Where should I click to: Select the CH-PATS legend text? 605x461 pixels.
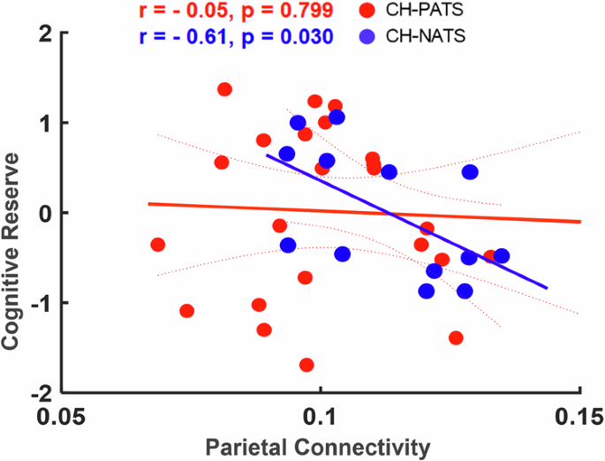pos(428,12)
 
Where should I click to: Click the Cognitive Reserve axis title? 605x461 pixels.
pos(13,212)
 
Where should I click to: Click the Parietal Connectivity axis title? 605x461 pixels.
pos(319,447)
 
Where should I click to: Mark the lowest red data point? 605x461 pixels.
pos(306,365)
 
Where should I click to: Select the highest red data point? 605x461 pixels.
pos(224,89)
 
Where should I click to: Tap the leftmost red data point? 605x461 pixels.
pos(158,245)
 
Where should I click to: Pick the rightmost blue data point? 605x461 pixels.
pos(501,256)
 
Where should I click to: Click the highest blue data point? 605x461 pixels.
pos(337,117)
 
